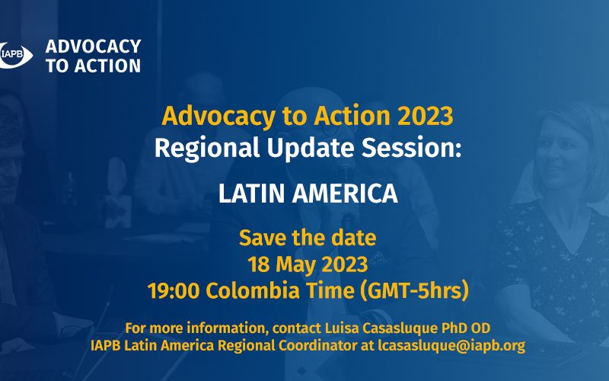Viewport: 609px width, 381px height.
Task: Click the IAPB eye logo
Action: [x=14, y=55]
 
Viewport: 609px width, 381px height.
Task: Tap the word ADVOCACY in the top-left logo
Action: [x=93, y=46]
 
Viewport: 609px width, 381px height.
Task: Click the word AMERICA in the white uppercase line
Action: [x=345, y=194]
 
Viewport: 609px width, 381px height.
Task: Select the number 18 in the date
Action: [x=259, y=264]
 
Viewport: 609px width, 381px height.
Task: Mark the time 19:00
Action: [x=174, y=291]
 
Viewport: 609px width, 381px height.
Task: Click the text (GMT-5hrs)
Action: [x=414, y=291]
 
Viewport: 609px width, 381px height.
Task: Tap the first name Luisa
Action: [x=342, y=328]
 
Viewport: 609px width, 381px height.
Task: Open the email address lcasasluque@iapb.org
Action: [x=451, y=346]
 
